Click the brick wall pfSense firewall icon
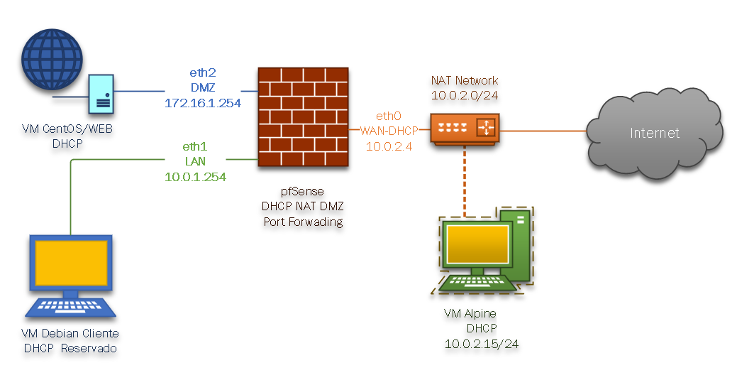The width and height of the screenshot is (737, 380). (304, 117)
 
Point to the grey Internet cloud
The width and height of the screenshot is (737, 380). (655, 132)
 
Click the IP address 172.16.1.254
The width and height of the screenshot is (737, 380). (203, 103)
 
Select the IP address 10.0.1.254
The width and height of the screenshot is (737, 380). (195, 178)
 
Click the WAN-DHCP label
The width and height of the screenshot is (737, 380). (389, 131)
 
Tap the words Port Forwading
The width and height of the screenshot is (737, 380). (303, 221)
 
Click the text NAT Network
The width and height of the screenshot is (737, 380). (465, 80)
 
